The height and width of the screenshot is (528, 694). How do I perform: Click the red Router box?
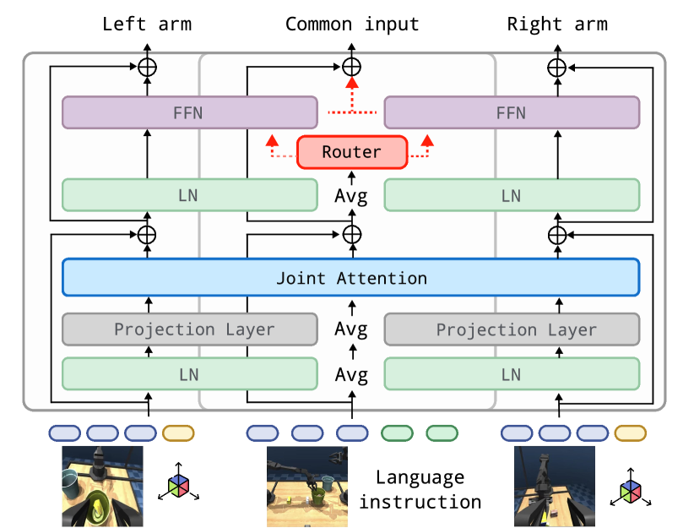pyautogui.click(x=352, y=153)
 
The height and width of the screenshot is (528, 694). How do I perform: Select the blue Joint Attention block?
pyautogui.click(x=351, y=278)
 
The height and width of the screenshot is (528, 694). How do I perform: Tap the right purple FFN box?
pyautogui.click(x=511, y=112)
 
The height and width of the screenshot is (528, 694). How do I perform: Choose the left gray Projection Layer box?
pyautogui.click(x=193, y=329)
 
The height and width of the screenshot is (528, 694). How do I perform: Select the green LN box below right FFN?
pyautogui.click(x=511, y=195)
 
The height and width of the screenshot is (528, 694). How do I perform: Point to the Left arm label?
pyautogui.click(x=146, y=24)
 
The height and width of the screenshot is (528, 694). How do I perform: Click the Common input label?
pyautogui.click(x=352, y=24)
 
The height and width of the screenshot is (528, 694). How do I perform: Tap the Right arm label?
pyautogui.click(x=556, y=24)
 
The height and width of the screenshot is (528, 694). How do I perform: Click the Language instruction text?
pyautogui.click(x=420, y=490)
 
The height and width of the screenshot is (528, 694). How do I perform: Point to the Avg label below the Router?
pyautogui.click(x=352, y=195)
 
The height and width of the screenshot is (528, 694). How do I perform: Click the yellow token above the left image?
pyautogui.click(x=178, y=433)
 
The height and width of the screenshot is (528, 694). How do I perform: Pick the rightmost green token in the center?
pyautogui.click(x=442, y=433)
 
